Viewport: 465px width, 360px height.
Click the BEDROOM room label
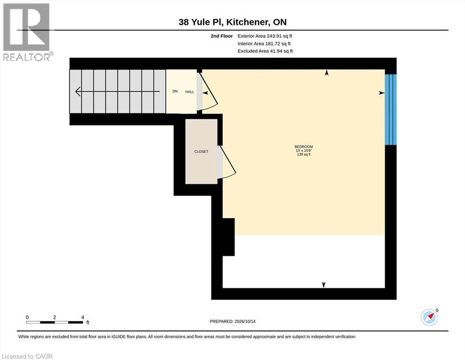click(303, 147)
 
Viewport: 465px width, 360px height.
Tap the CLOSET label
click(201, 151)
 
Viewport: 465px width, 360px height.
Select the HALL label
click(190, 92)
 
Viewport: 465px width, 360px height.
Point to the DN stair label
click(175, 91)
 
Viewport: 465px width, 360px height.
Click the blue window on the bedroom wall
click(391, 110)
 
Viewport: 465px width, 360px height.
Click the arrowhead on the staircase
click(78, 91)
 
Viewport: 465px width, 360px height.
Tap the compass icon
click(429, 317)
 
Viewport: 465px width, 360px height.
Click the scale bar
click(55, 322)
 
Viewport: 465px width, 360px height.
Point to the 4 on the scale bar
click(83, 317)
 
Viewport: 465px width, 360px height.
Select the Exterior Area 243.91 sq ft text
click(265, 36)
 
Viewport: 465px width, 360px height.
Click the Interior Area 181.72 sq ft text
click(264, 44)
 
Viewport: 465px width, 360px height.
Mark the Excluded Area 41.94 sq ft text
click(265, 51)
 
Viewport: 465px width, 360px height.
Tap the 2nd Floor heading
click(221, 36)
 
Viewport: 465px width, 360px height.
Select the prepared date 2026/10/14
click(245, 321)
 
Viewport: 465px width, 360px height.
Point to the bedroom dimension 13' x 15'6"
click(303, 150)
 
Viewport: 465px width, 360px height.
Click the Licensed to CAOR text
click(27, 356)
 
